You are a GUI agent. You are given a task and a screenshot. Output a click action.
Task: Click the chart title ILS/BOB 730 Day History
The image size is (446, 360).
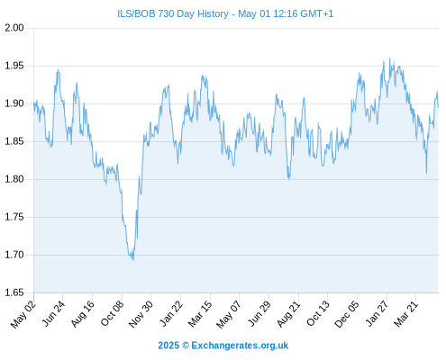pyautogui.click(x=173, y=13)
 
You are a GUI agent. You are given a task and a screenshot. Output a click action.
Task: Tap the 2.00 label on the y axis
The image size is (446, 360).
pyautogui.click(x=14, y=28)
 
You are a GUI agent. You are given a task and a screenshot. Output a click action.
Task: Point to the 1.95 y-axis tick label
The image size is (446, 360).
pyautogui.click(x=14, y=66)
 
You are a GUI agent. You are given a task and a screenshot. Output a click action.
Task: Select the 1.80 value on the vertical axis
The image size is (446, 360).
pyautogui.click(x=14, y=179)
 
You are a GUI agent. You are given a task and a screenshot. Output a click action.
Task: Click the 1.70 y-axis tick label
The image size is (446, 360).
pyautogui.click(x=14, y=255)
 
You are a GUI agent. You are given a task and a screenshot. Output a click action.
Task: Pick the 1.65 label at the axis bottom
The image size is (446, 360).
pyautogui.click(x=14, y=292)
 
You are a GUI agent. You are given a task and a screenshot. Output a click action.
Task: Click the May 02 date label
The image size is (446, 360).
pyautogui.click(x=23, y=314)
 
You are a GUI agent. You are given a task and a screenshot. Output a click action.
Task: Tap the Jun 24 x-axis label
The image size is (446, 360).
pyautogui.click(x=53, y=313)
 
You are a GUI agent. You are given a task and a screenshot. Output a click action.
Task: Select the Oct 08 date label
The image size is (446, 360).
pyautogui.click(x=112, y=313)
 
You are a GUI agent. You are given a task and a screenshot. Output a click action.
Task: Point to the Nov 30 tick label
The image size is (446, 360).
pyautogui.click(x=141, y=314)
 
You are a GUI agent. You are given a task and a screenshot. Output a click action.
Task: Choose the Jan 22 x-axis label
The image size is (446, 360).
pyautogui.click(x=170, y=313)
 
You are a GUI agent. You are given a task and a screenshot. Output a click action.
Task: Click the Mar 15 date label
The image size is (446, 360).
pyautogui.click(x=200, y=314)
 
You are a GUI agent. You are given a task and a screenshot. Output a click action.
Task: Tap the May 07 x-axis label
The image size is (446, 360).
pyautogui.click(x=229, y=314)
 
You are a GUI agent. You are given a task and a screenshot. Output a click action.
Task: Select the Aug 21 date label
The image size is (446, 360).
pyautogui.click(x=288, y=314)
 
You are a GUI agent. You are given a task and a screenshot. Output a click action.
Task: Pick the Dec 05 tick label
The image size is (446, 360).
pyautogui.click(x=347, y=314)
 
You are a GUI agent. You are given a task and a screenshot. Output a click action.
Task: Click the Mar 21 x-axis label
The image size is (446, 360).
pyautogui.click(x=405, y=314)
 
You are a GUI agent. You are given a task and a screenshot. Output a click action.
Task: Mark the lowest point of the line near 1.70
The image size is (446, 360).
pyautogui.click(x=133, y=260)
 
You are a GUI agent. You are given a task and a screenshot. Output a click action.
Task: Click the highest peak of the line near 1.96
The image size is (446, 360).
pyautogui.click(x=390, y=58)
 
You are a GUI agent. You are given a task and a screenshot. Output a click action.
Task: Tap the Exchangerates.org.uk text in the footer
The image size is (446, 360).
pyautogui.click(x=240, y=346)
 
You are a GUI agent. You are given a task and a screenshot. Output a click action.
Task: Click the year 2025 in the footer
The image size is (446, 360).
pyautogui.click(x=168, y=346)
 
